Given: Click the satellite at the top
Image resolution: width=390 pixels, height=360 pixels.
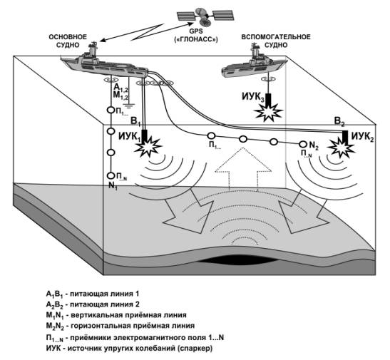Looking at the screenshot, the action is click(x=206, y=16).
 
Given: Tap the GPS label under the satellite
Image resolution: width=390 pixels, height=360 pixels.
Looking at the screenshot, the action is click(x=196, y=31).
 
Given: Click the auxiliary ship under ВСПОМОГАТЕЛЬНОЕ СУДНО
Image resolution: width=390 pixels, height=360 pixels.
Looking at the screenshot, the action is click(x=252, y=64).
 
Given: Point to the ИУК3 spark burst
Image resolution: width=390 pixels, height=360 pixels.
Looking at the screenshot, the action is click(x=269, y=113).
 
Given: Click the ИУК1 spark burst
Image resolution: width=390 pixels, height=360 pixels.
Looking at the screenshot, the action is click(x=149, y=147).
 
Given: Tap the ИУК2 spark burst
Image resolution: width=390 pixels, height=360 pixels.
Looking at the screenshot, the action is click(x=342, y=148).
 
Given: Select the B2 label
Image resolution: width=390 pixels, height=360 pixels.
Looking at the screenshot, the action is click(x=340, y=122).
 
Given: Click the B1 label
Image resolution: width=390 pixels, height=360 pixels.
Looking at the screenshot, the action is click(x=135, y=122).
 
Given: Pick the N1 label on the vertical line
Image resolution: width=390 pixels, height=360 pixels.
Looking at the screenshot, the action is click(x=113, y=186).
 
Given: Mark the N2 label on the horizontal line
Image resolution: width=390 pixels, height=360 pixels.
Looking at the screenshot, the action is click(x=314, y=145).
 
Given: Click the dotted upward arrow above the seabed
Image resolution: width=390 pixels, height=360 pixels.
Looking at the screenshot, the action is click(x=242, y=169).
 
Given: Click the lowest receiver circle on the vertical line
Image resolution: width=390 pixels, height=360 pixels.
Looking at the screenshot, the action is click(x=111, y=176).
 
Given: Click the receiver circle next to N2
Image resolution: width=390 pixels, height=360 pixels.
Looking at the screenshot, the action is click(x=303, y=144).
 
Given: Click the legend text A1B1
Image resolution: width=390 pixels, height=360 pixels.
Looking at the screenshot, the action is click(x=55, y=294).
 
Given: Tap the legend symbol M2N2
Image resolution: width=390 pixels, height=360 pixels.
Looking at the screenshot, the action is click(x=55, y=326).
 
